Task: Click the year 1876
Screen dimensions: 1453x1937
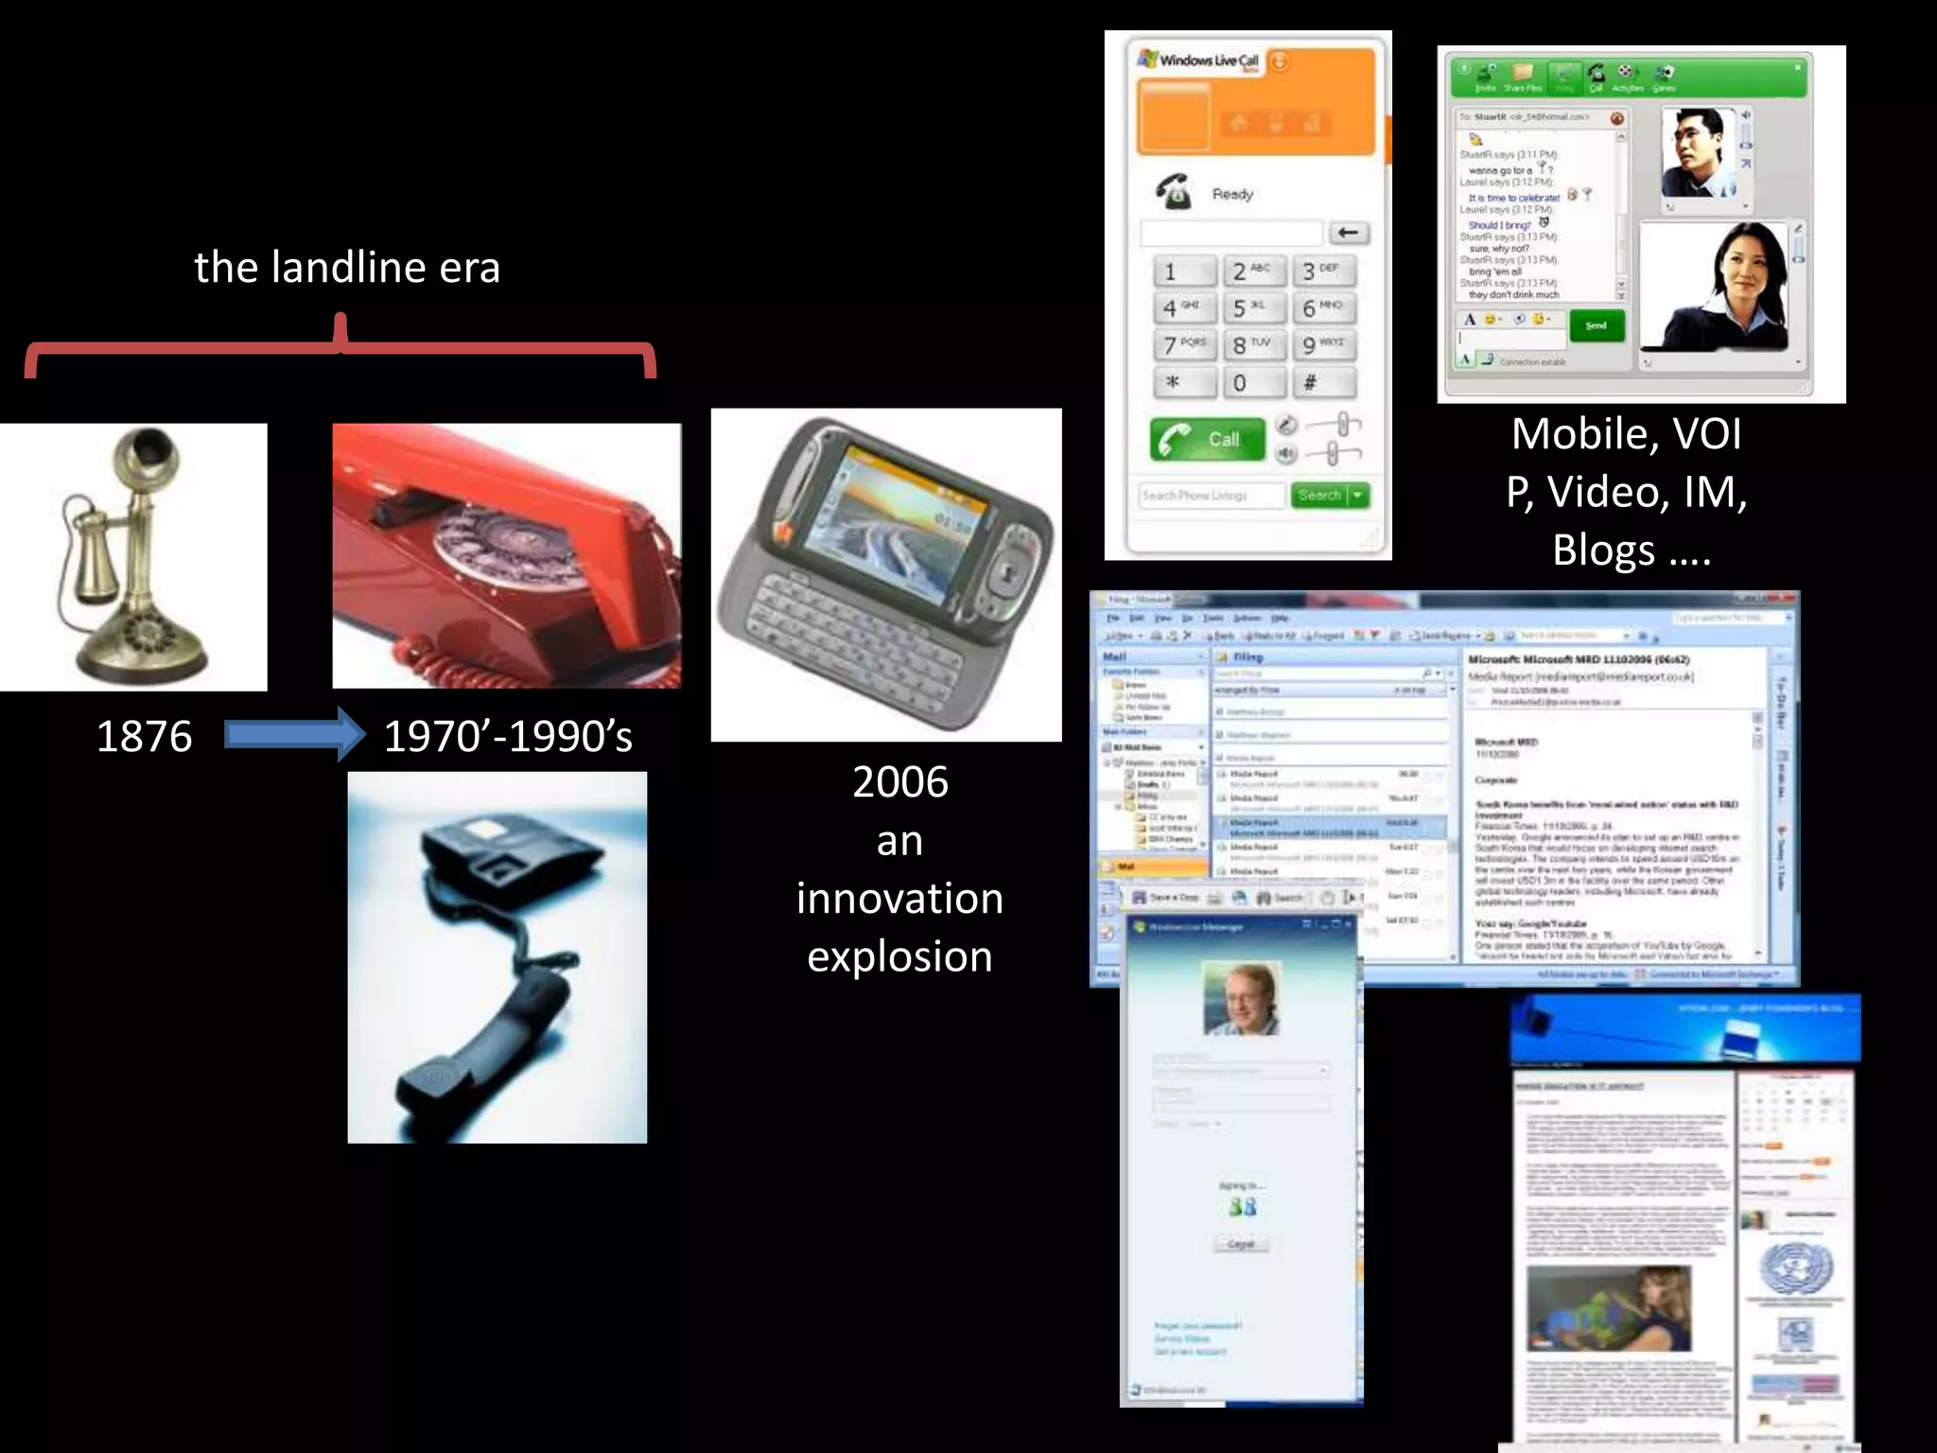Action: pyautogui.click(x=144, y=736)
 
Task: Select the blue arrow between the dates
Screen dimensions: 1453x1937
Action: pyautogui.click(x=294, y=734)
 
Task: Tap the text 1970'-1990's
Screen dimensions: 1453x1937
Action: pyautogui.click(x=508, y=736)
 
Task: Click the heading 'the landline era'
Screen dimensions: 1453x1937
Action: pyautogui.click(x=347, y=268)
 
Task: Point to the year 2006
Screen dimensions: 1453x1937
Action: pyautogui.click(x=899, y=782)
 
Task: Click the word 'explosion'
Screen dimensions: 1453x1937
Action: pyautogui.click(x=899, y=956)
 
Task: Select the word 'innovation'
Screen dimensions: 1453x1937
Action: pyautogui.click(x=899, y=898)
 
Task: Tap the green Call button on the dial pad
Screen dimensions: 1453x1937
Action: pyautogui.click(x=1208, y=439)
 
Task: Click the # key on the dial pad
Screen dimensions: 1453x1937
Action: pyautogui.click(x=1321, y=382)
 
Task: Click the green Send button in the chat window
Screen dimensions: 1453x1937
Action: pyautogui.click(x=1597, y=325)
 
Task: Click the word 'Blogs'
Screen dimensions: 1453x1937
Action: pyautogui.click(x=1604, y=551)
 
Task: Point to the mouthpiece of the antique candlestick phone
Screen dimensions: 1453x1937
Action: pyautogui.click(x=148, y=454)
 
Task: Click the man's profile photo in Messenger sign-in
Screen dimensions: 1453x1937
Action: pyautogui.click(x=1241, y=998)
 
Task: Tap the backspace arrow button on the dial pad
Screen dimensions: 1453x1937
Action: pyautogui.click(x=1349, y=233)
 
